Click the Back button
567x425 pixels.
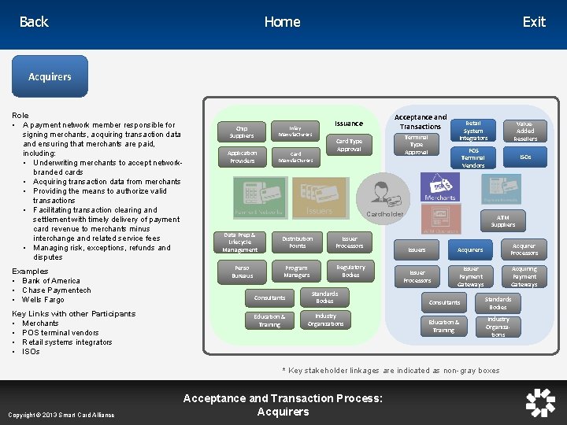coord(34,22)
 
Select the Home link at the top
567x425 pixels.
coord(282,22)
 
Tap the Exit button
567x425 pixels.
coord(533,22)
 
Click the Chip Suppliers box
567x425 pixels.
coord(242,131)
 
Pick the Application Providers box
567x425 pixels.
coord(242,157)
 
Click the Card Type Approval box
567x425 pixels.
coord(349,146)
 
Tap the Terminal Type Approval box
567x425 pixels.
coord(417,144)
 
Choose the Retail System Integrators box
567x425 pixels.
coord(473,131)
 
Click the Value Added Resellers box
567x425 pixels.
coord(525,131)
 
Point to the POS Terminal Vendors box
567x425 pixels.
coord(473,157)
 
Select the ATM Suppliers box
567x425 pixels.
coord(503,221)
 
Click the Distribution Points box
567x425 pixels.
coord(297,242)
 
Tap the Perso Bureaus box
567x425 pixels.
coord(242,272)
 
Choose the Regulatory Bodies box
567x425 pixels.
coord(350,271)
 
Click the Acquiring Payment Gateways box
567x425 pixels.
coord(524,276)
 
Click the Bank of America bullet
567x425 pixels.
coord(51,281)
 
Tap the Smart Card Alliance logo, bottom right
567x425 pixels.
coord(540,402)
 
